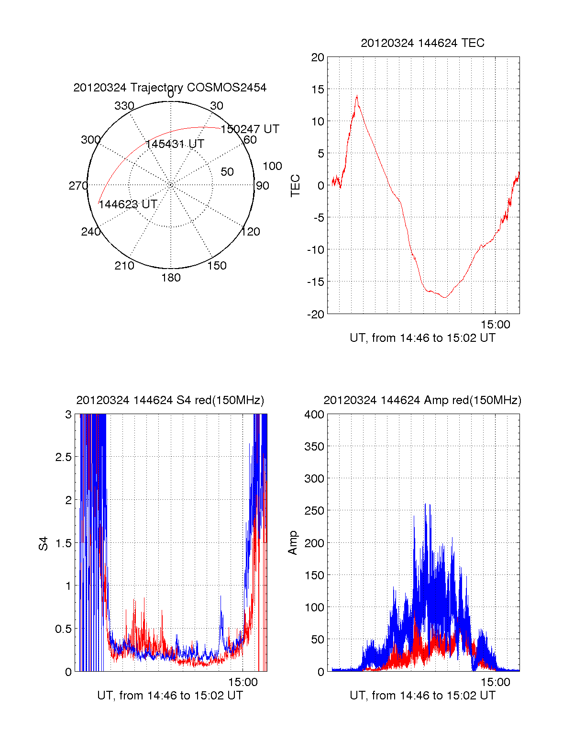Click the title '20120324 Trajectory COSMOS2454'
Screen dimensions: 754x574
point(170,88)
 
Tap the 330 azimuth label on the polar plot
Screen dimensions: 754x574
point(124,106)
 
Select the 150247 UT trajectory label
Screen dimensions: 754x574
point(250,129)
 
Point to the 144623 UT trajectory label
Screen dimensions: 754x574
point(128,204)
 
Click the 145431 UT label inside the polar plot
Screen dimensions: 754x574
point(175,144)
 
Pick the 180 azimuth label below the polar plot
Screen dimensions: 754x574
point(171,278)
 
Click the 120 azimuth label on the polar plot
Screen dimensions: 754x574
point(251,232)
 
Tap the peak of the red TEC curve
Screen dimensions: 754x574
point(357,96)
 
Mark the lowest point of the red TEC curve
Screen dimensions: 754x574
point(445,298)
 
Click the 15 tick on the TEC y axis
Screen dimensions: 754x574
point(318,90)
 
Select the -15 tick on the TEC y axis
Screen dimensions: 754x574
point(316,282)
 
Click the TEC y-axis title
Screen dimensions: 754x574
point(296,185)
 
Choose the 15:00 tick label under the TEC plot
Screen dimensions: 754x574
point(496,325)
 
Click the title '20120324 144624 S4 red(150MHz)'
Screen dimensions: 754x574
point(170,400)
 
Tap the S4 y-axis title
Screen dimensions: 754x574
point(44,543)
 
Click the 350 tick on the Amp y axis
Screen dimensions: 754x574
point(314,447)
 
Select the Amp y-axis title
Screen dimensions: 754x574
point(292,542)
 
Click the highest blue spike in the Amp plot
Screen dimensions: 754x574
point(425,504)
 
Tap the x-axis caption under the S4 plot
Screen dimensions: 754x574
point(170,696)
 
